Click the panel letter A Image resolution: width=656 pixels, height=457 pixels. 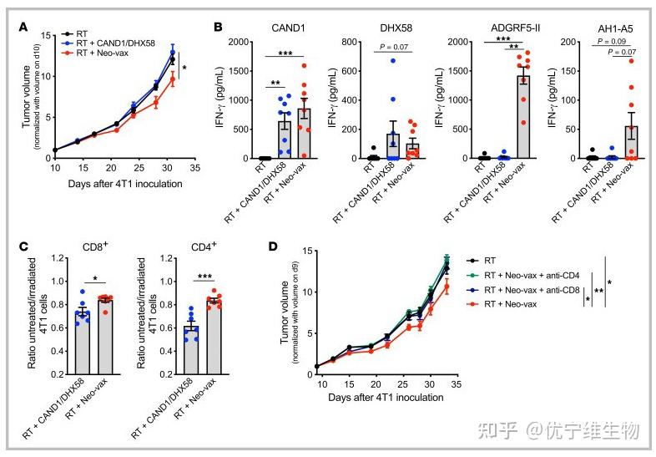click(23, 27)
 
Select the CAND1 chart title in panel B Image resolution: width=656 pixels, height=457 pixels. click(285, 28)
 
